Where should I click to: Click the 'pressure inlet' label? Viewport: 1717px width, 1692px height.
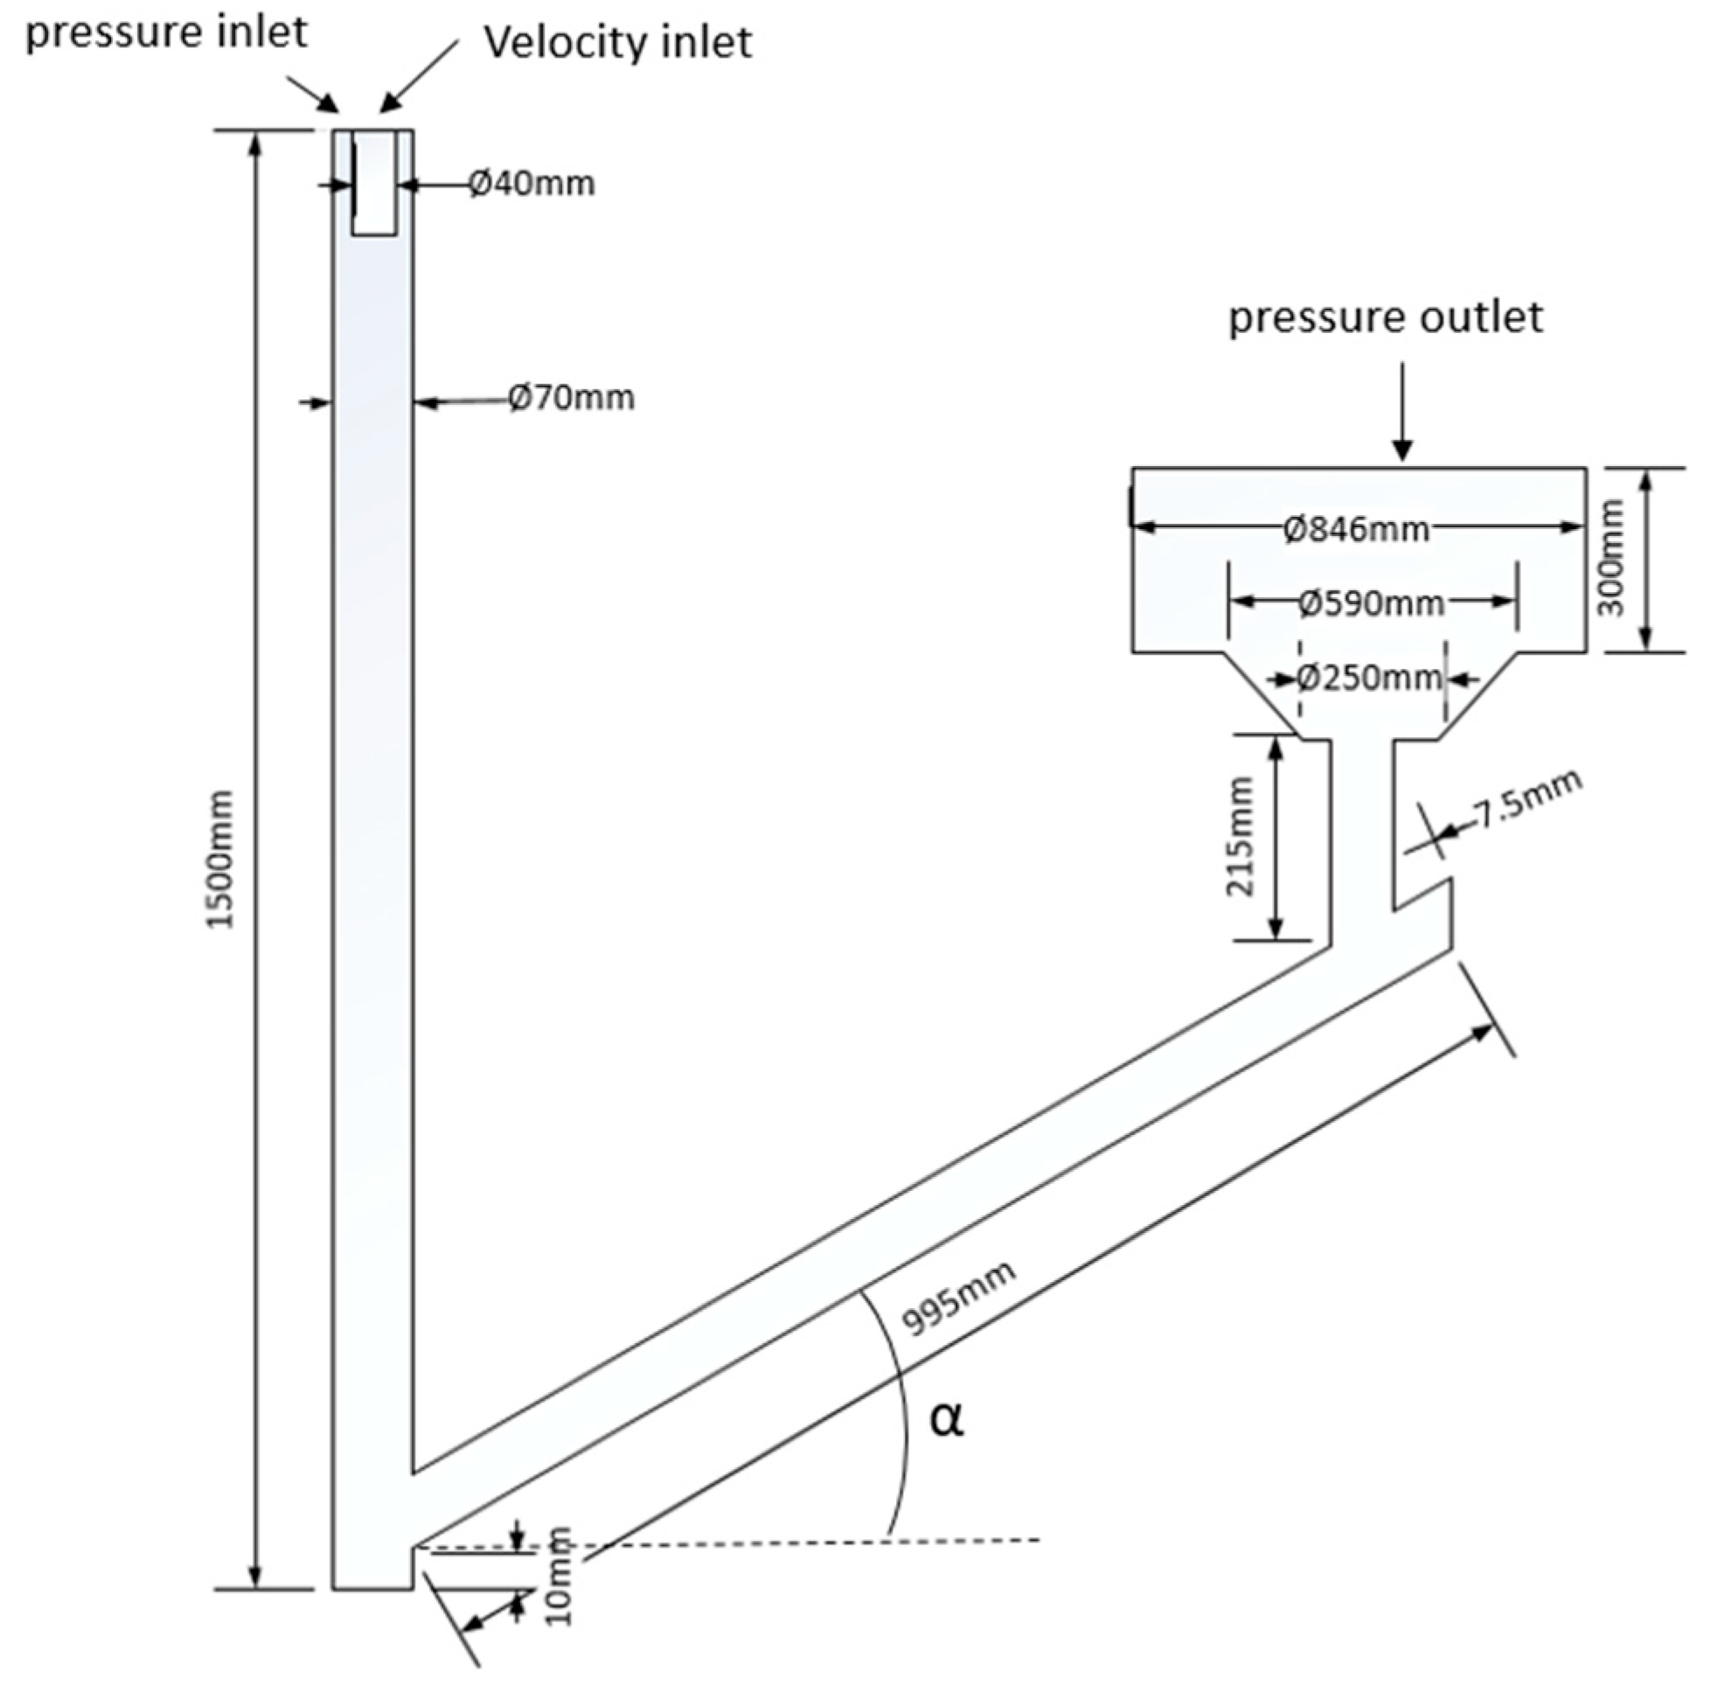166,34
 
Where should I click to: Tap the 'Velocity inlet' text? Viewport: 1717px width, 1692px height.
617,43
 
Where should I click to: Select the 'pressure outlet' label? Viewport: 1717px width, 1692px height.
1385,317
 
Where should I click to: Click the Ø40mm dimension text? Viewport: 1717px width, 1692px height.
532,184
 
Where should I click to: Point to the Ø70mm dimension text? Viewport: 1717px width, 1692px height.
571,397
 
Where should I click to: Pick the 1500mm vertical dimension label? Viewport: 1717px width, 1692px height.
219,860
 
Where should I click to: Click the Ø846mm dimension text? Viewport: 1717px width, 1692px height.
1356,530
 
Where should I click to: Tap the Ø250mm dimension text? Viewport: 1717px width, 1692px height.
1368,679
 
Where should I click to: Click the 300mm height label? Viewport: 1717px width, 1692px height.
1609,557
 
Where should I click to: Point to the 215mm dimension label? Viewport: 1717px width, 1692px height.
1239,836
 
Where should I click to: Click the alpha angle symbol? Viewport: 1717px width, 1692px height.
946,1419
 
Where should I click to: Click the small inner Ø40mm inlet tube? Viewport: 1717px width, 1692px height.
374,182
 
